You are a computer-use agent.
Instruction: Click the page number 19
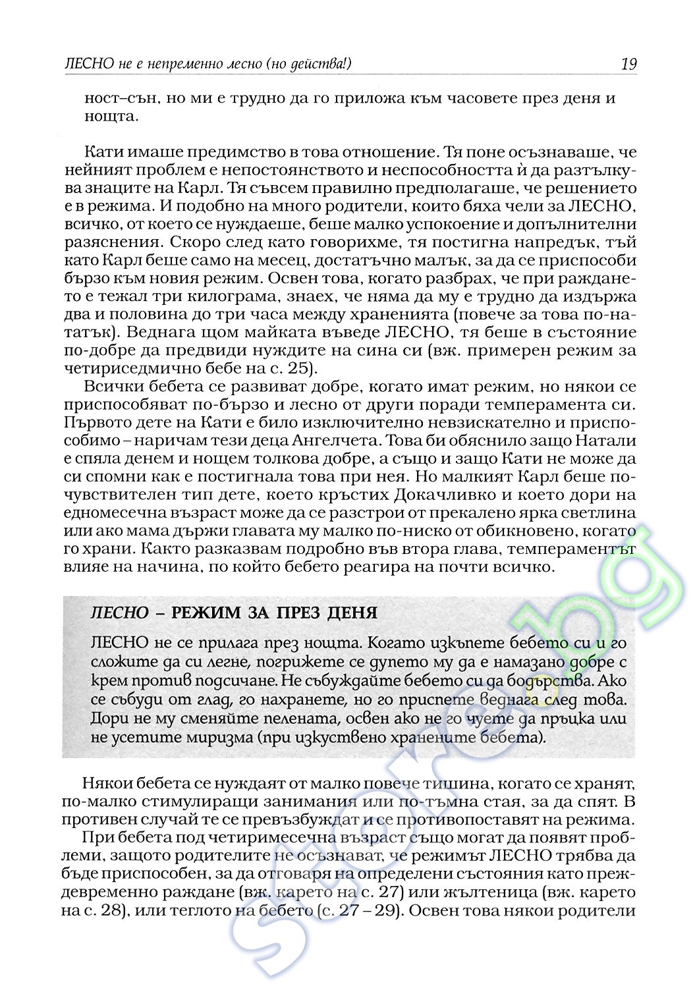628,64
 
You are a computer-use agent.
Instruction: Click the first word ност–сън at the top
121,99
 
